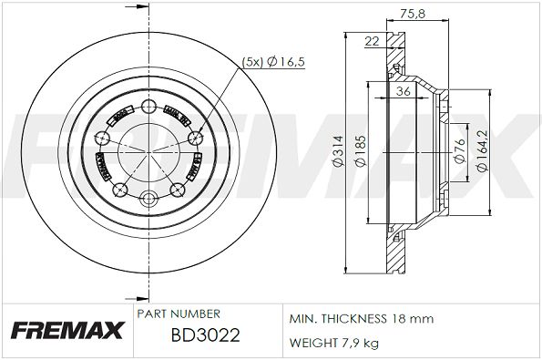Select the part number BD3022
[206, 334]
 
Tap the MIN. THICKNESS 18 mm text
[362, 319]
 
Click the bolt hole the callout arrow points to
[193, 138]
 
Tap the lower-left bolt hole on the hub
[119, 190]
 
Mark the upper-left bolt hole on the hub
[102, 138]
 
